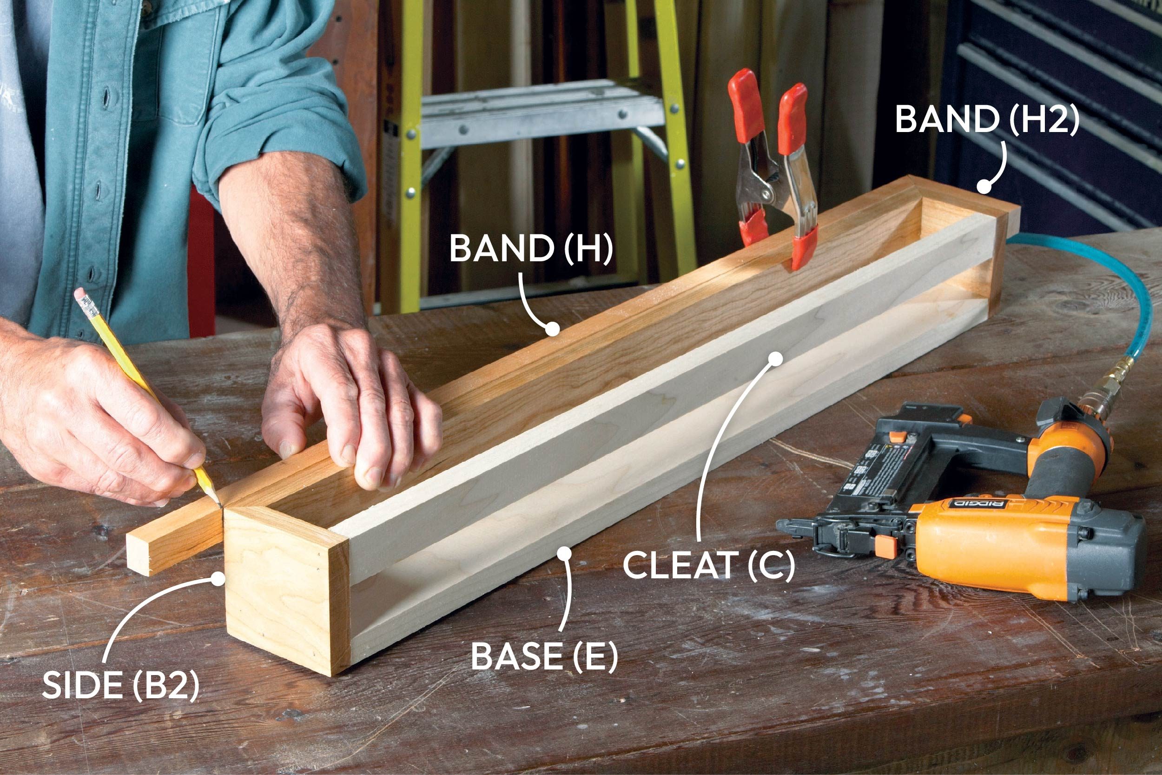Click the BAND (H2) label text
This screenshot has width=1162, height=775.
tap(987, 120)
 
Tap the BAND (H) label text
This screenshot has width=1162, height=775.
tap(531, 249)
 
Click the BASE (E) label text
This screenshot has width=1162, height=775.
tap(544, 656)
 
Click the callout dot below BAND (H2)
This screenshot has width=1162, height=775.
tap(984, 187)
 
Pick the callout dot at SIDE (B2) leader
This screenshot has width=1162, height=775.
tap(217, 578)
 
